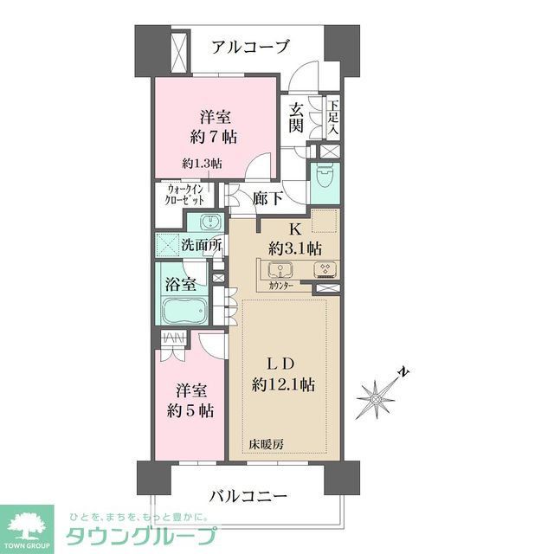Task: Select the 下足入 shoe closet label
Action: (333, 117)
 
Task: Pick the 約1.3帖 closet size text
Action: (202, 163)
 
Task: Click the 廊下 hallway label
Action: (267, 198)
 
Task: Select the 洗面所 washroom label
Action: (201, 245)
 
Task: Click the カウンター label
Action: (280, 287)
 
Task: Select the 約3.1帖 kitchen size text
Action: (294, 247)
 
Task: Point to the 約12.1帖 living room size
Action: (285, 385)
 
